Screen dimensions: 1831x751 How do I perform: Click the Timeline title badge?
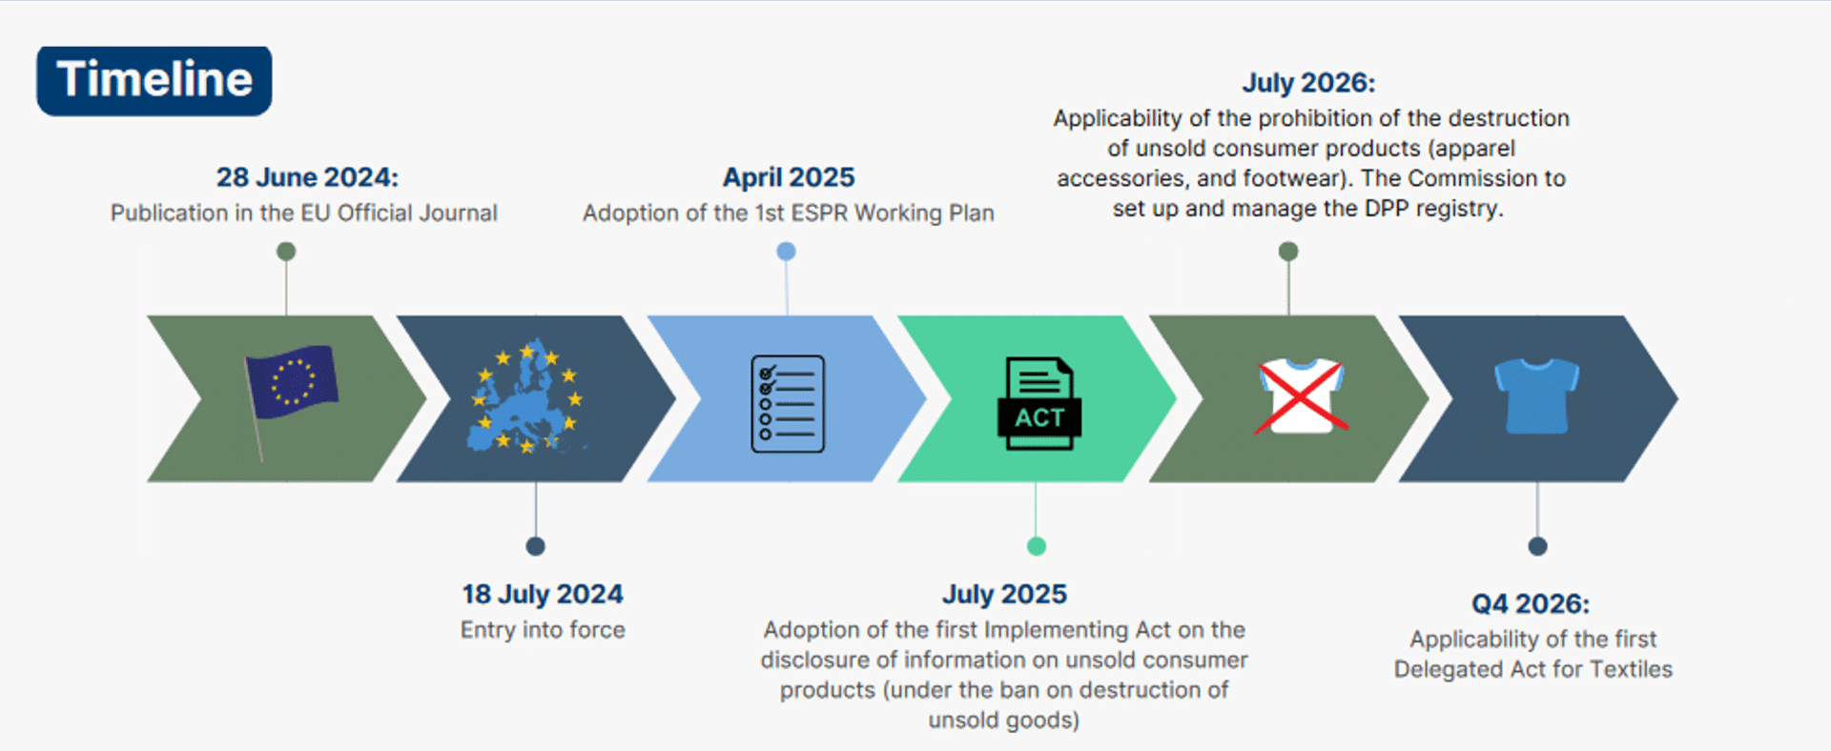pyautogui.click(x=154, y=81)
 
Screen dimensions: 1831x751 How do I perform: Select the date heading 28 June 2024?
pyautogui.click(x=307, y=177)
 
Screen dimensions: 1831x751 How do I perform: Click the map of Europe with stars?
pyautogui.click(x=526, y=396)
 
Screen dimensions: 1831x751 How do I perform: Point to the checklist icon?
pyautogui.click(x=788, y=403)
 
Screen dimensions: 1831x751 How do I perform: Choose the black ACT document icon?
pyautogui.click(x=1039, y=403)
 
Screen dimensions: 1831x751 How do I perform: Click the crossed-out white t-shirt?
pyautogui.click(x=1301, y=396)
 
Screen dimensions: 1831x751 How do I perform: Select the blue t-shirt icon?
pyautogui.click(x=1536, y=396)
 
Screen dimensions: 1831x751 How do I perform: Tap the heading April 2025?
pyautogui.click(x=789, y=177)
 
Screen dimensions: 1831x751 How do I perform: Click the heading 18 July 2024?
pyautogui.click(x=543, y=595)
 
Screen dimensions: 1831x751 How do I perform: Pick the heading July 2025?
pyautogui.click(x=1004, y=595)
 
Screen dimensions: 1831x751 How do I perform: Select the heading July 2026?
pyautogui.click(x=1308, y=83)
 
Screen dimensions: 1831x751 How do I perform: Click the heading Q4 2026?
pyautogui.click(x=1531, y=604)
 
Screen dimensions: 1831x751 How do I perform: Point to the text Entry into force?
pyautogui.click(x=543, y=630)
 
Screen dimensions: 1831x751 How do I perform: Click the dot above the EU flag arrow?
pyautogui.click(x=286, y=252)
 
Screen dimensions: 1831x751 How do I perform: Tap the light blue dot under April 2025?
pyautogui.click(x=786, y=252)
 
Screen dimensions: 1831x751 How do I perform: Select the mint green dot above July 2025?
pyautogui.click(x=1037, y=546)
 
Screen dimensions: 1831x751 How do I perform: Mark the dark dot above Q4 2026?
pyautogui.click(x=1537, y=546)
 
